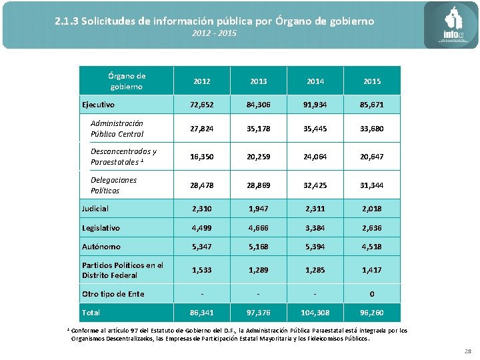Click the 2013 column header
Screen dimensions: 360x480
(x=259, y=81)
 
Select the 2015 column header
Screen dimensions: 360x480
(x=372, y=81)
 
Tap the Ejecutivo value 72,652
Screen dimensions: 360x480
(x=202, y=105)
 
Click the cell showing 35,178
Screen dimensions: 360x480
(x=259, y=129)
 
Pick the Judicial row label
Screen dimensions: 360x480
(x=95, y=209)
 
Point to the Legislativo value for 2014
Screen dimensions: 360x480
(x=315, y=228)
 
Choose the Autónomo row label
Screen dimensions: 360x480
(x=101, y=247)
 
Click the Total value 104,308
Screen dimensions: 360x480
(x=315, y=313)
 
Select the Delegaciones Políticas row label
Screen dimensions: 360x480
(x=114, y=185)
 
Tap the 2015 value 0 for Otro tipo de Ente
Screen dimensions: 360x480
(x=372, y=294)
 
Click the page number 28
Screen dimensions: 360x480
(x=467, y=351)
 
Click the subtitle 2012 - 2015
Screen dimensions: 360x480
(x=214, y=33)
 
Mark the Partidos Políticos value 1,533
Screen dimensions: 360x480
(x=202, y=271)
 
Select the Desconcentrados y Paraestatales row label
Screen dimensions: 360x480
(x=123, y=157)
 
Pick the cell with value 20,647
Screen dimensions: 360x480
(x=372, y=157)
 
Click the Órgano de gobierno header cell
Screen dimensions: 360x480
(x=127, y=81)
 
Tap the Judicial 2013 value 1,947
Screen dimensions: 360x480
(x=259, y=209)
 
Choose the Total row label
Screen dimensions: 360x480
(x=91, y=313)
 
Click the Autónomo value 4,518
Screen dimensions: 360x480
(x=372, y=247)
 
